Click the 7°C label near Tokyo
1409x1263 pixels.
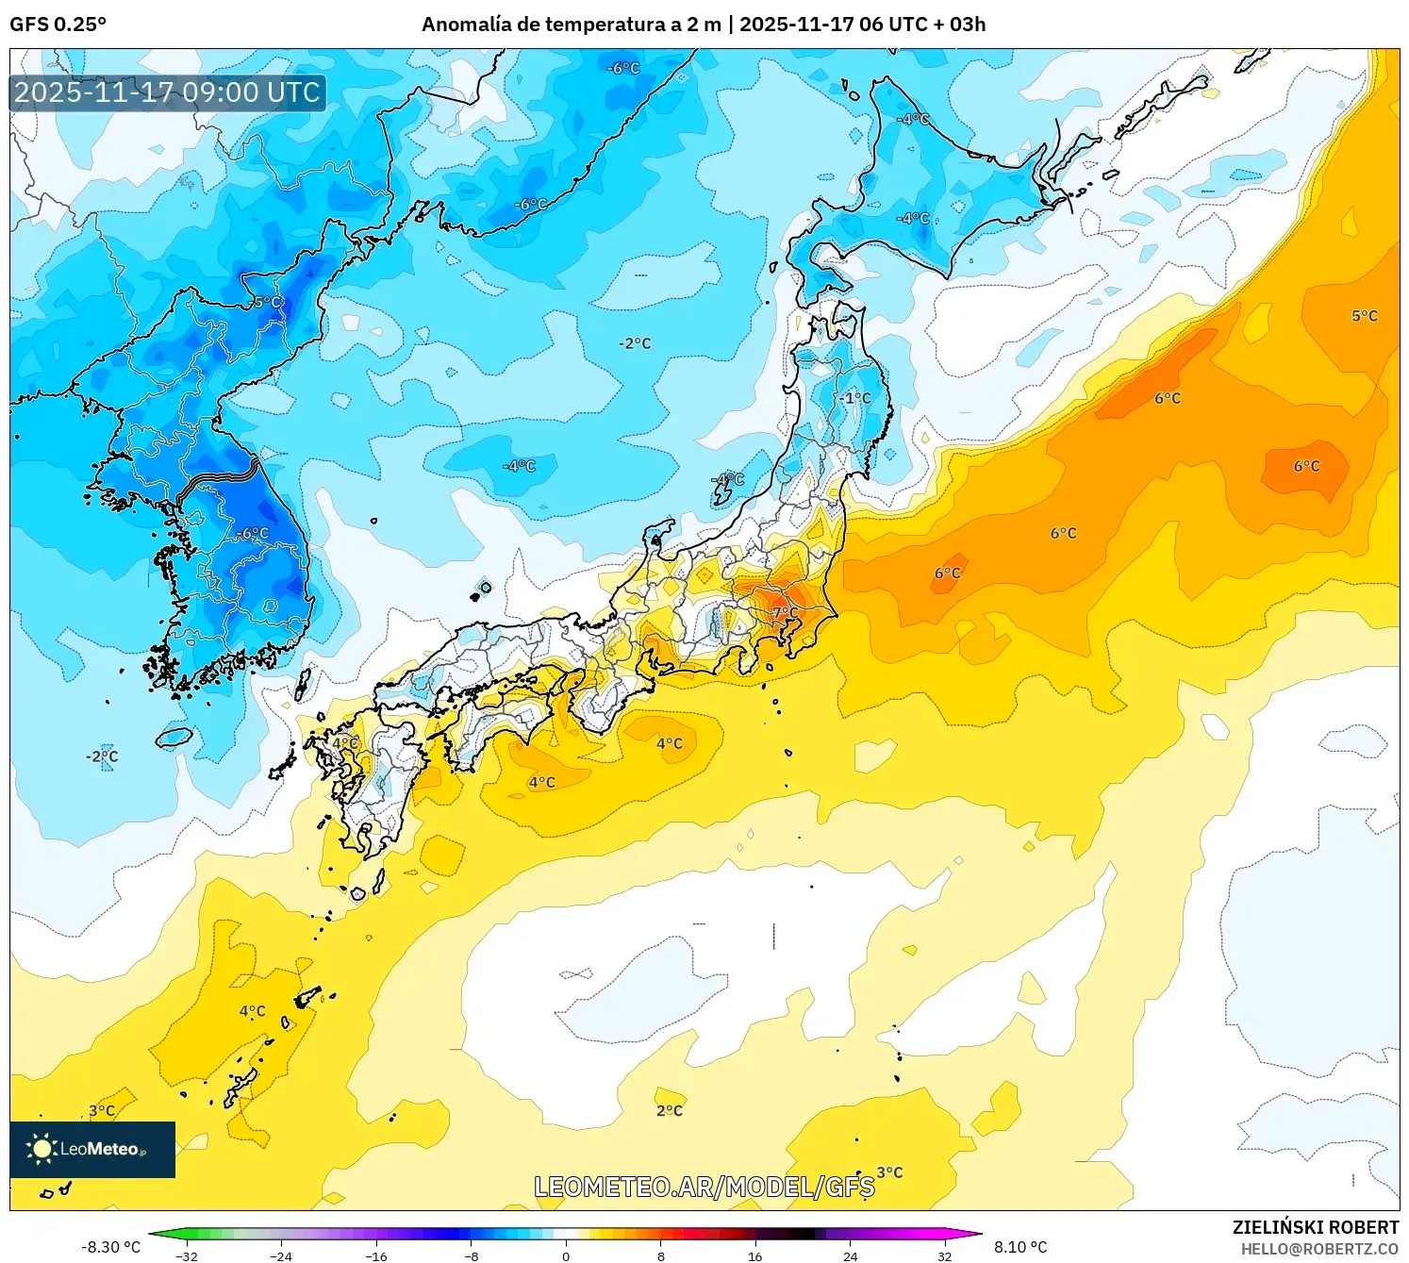pyautogui.click(x=784, y=613)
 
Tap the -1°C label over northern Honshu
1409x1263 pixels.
pyautogui.click(x=855, y=398)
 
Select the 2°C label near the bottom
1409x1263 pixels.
pyautogui.click(x=669, y=1110)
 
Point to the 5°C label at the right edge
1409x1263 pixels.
pyautogui.click(x=1364, y=316)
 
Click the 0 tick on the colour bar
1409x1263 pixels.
pyautogui.click(x=566, y=1255)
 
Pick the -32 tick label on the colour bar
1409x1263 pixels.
pyautogui.click(x=187, y=1255)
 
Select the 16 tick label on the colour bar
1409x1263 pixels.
pyautogui.click(x=754, y=1255)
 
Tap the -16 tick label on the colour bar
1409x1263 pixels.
pyautogui.click(x=376, y=1255)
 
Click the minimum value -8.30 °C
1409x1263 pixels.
pyautogui.click(x=110, y=1247)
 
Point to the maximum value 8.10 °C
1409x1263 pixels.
pyautogui.click(x=1020, y=1247)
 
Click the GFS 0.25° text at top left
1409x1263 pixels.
pyautogui.click(x=58, y=25)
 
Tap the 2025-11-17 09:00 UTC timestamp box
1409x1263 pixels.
pyautogui.click(x=168, y=92)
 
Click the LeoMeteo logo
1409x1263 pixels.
pyautogui.click(x=92, y=1149)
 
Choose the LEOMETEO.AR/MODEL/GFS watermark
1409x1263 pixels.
pyautogui.click(x=704, y=1187)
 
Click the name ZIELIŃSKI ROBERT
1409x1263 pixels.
pyautogui.click(x=1315, y=1227)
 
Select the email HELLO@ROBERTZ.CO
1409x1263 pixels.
pyautogui.click(x=1318, y=1249)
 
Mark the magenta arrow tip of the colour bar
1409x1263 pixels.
pyautogui.click(x=975, y=1234)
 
